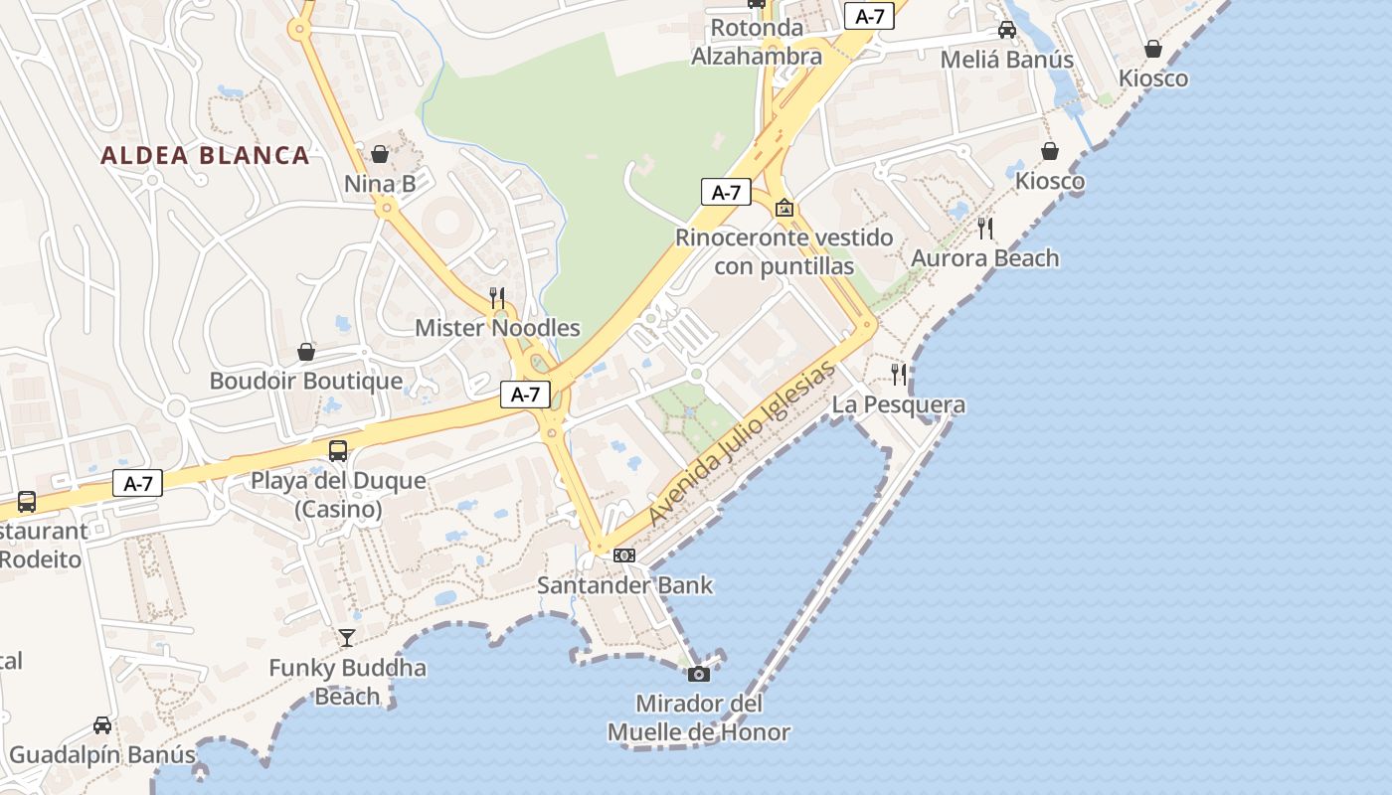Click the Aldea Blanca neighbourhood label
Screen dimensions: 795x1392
click(205, 156)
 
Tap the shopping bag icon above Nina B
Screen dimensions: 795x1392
click(380, 154)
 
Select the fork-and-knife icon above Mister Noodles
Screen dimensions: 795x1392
click(497, 297)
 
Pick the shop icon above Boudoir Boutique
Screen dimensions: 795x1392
click(306, 352)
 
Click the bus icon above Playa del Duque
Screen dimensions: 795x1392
click(338, 450)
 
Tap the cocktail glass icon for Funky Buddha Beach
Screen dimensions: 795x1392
click(347, 637)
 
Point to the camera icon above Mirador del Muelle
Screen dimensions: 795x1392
click(699, 674)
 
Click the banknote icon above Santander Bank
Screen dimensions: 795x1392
click(624, 555)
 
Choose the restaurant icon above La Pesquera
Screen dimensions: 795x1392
click(899, 374)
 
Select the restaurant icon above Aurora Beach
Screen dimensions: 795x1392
click(985, 228)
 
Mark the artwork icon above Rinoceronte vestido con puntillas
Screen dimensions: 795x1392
click(784, 208)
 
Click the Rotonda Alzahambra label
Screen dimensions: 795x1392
click(758, 42)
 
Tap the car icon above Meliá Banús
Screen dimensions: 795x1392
click(1007, 30)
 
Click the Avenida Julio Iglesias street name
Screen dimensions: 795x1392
click(742, 444)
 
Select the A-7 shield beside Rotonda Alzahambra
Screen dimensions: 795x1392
click(869, 16)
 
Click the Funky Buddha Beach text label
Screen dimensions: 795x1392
click(347, 682)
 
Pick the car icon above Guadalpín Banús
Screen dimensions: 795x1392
click(102, 724)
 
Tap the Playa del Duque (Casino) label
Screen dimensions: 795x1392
click(338, 495)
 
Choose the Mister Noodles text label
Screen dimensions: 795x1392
click(497, 328)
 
